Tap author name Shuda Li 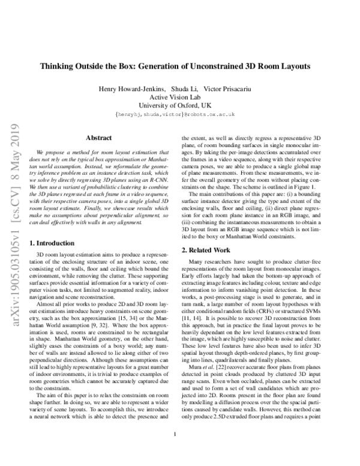(x=185, y=89)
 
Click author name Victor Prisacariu (x=231, y=89)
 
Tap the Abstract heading (x=99, y=138)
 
